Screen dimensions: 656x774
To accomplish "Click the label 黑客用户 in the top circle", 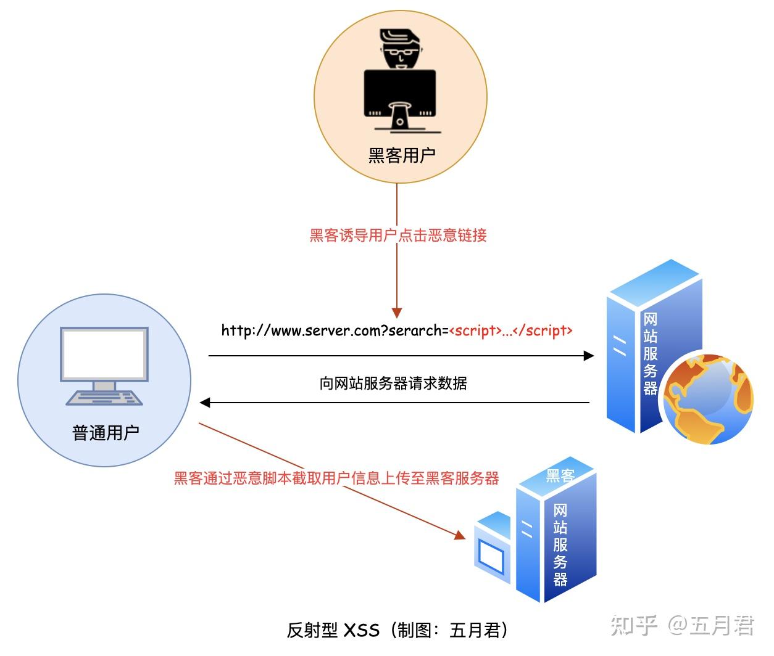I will pos(402,155).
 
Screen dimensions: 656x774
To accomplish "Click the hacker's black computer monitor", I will pos(400,92).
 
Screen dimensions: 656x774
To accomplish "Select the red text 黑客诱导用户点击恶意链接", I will pos(398,236).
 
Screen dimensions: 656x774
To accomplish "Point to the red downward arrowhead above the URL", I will pos(397,312).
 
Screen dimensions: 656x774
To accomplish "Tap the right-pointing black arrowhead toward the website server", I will pos(588,356).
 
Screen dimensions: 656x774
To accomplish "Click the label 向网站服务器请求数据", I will pos(393,383).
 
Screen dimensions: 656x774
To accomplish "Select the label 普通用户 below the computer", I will pos(106,433).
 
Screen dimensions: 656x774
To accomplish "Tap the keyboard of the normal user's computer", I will pos(104,398).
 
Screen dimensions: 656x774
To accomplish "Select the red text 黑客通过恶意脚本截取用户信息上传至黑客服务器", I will pos(336,478).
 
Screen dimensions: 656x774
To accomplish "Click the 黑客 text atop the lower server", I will pos(560,475).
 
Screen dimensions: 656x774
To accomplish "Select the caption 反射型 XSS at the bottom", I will pos(333,630).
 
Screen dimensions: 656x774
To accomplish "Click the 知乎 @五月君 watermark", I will pos(682,626).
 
